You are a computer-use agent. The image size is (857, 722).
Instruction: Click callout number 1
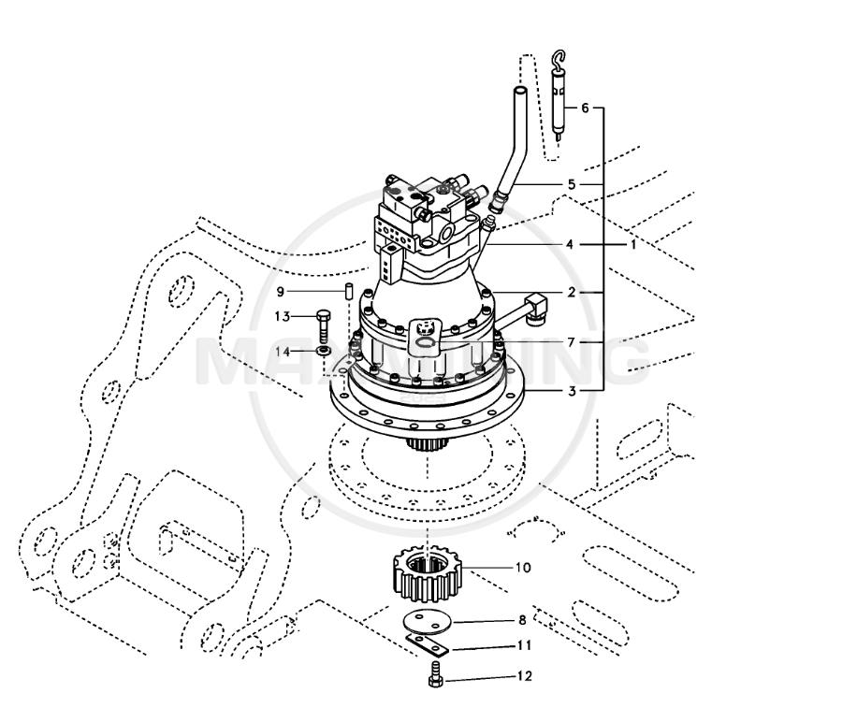[633, 244]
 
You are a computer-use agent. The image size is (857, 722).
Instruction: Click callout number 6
[585, 108]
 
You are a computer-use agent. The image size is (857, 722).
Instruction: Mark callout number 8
[521, 620]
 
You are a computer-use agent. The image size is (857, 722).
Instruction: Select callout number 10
[523, 568]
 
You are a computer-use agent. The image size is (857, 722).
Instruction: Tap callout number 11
[524, 646]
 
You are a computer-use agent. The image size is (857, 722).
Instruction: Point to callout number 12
[524, 675]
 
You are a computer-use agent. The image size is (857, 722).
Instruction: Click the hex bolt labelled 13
[324, 323]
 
